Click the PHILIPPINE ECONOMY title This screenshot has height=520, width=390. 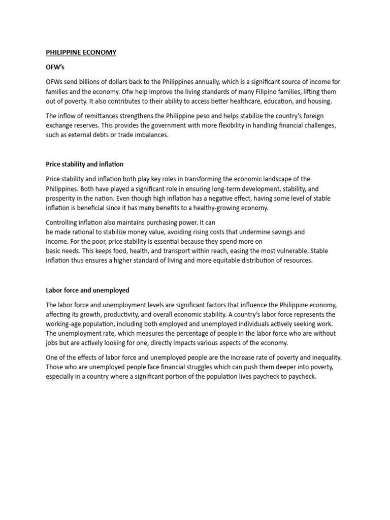pyautogui.click(x=81, y=52)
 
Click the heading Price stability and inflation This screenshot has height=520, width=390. pyautogui.click(x=84, y=165)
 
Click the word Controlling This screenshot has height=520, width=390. pyautogui.click(x=61, y=222)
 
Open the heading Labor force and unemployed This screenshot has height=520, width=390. pyautogui.click(x=87, y=290)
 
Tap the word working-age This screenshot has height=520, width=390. pyautogui.click(x=64, y=323)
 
